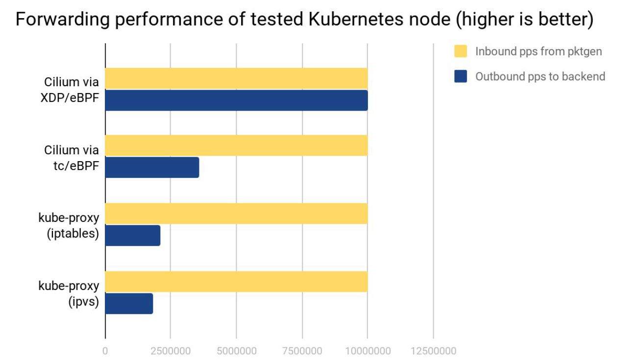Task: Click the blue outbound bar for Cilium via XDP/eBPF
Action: (236, 100)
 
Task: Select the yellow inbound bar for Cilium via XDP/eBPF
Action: (236, 78)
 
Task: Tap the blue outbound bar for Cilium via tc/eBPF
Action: (152, 168)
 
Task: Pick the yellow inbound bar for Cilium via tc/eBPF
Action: (236, 145)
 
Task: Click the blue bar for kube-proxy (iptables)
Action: (133, 236)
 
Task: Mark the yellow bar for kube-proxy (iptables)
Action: (236, 214)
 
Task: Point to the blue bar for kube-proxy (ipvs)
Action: (129, 304)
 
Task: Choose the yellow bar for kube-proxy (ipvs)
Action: (236, 282)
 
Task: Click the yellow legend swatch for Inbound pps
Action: (461, 51)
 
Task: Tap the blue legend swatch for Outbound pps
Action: (461, 76)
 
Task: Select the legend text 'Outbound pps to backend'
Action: (540, 76)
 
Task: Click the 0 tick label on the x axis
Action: (105, 351)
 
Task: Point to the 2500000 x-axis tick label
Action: (171, 351)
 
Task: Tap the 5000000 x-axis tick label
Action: (236, 351)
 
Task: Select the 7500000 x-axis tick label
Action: (302, 351)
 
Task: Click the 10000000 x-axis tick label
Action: (368, 351)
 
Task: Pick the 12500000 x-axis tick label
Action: (433, 351)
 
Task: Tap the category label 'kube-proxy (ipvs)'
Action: (69, 293)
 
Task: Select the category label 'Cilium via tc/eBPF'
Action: (72, 158)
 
